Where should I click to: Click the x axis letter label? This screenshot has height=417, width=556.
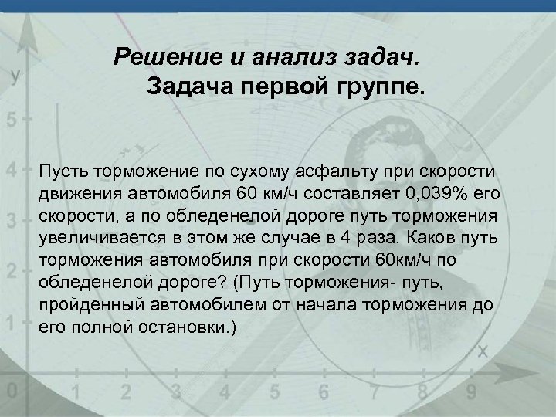(x=483, y=351)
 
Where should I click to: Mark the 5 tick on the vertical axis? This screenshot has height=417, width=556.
(x=10, y=121)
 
